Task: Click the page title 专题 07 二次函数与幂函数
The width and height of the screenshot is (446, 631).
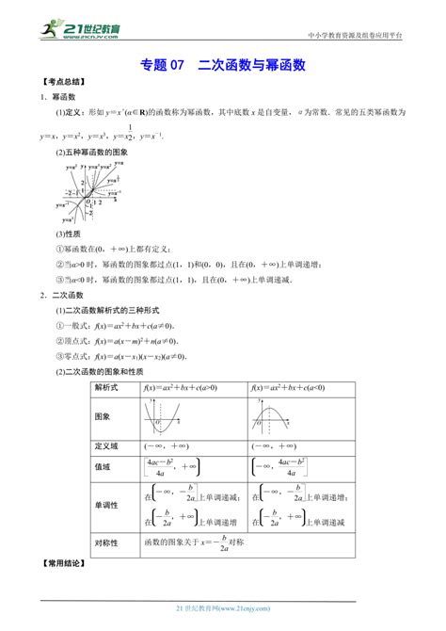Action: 223,65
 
